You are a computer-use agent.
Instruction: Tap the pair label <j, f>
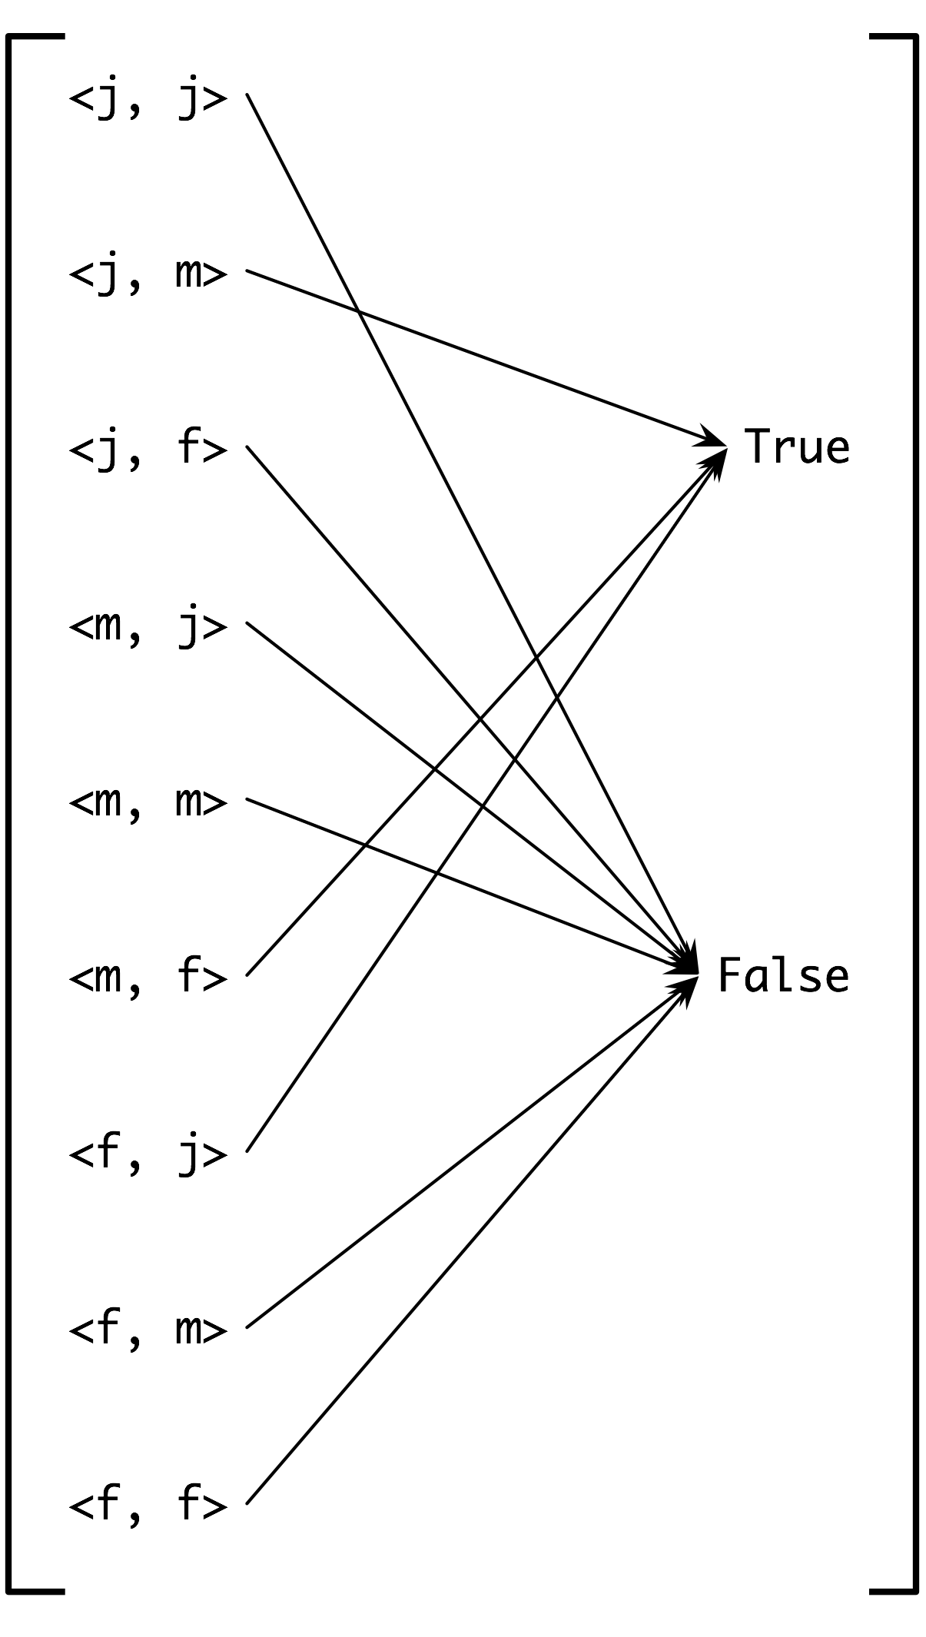(148, 448)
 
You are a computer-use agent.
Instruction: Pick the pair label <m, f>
(148, 977)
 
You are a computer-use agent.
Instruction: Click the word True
(797, 447)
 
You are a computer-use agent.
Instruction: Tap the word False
(783, 976)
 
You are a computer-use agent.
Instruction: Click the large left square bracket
(9, 815)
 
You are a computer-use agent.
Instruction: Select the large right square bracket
(914, 815)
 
